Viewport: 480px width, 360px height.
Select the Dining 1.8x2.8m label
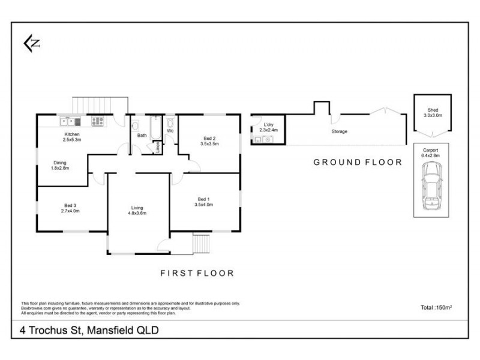click(59, 165)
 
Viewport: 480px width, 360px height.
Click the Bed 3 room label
click(70, 208)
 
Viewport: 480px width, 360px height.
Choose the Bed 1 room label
click(203, 202)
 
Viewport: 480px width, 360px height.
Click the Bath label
click(142, 136)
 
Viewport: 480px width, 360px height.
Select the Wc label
click(170, 130)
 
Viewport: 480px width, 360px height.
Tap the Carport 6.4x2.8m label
click(431, 153)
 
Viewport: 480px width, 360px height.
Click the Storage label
click(340, 131)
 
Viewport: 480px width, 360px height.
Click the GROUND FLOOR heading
click(358, 163)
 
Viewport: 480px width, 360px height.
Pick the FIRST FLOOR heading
click(197, 273)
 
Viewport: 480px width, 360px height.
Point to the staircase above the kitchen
click(100, 104)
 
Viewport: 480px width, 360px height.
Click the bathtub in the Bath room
click(155, 128)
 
